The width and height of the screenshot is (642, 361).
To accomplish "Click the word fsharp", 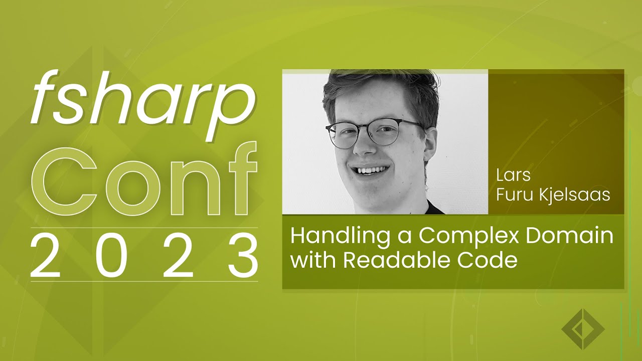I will pyautogui.click(x=142, y=103).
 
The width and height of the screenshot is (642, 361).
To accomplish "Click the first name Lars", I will pyautogui.click(x=513, y=175).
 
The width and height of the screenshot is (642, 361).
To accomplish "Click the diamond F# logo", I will pyautogui.click(x=582, y=329).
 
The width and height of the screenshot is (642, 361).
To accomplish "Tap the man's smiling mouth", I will pyautogui.click(x=372, y=170).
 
